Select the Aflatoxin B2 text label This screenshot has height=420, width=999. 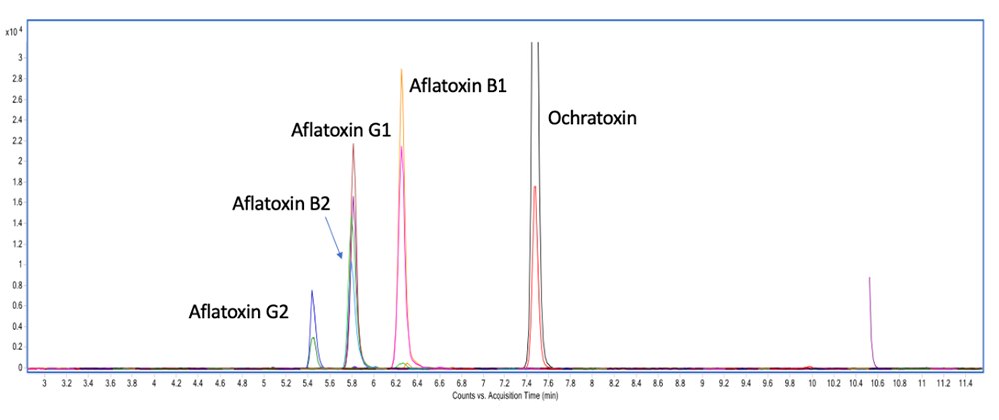[x=281, y=204]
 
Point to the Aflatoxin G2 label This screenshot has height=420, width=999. [x=239, y=312]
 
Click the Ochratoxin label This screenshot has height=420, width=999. [x=592, y=118]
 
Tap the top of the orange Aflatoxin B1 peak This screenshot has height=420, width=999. [x=401, y=70]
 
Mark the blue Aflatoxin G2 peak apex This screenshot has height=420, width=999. [x=312, y=291]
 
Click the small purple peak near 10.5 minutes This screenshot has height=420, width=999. [x=870, y=279]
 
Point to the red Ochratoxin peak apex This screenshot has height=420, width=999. [x=535, y=187]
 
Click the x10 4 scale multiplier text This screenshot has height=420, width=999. [x=20, y=32]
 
